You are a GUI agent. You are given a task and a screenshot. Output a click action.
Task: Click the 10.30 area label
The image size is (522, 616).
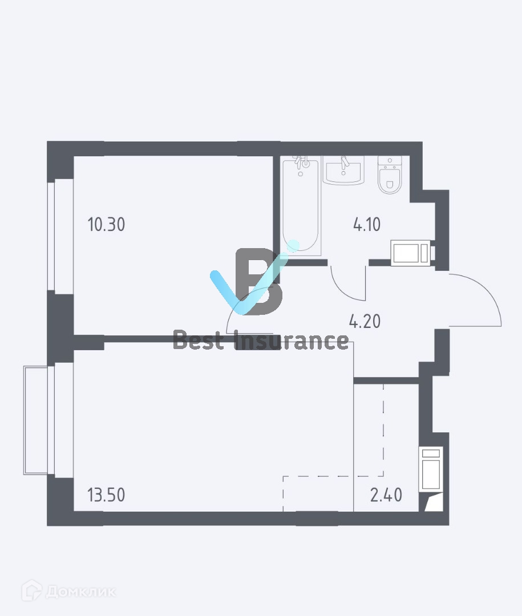point(106,225)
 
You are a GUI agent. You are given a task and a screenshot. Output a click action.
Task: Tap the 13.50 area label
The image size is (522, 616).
point(106,495)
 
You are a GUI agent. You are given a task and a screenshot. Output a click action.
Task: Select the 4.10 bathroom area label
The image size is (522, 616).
point(367,225)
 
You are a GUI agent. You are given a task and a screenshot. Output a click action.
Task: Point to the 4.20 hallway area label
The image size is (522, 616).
point(365,322)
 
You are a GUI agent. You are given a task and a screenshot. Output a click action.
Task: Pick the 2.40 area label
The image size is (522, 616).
point(386,495)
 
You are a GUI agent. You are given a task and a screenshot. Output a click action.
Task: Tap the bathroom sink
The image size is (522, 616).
point(343,170)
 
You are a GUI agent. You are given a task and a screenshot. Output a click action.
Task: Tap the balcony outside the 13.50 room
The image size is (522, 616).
point(38,420)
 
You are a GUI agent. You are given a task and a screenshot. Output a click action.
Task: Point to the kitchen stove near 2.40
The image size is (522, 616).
point(430,469)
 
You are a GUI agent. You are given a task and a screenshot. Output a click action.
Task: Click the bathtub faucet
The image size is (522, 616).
point(301,164)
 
